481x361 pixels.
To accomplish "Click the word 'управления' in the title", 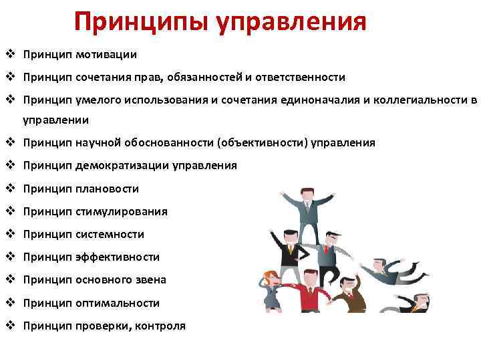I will [292, 21].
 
